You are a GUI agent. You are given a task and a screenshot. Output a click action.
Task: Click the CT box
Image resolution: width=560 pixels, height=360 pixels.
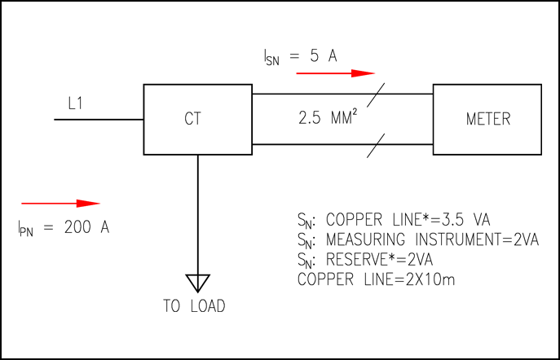tap(197, 119)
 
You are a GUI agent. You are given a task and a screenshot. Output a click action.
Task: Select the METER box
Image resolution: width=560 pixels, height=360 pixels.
tap(487, 119)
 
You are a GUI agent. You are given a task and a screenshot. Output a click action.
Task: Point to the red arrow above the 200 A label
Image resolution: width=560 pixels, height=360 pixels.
tap(60, 203)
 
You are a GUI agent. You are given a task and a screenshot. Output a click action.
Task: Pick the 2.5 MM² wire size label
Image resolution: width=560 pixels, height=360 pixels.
tap(326, 119)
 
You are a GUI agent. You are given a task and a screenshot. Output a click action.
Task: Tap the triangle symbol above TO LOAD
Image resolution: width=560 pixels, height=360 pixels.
tap(196, 283)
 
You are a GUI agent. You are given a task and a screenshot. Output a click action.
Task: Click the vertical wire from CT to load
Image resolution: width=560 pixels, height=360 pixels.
tap(197, 212)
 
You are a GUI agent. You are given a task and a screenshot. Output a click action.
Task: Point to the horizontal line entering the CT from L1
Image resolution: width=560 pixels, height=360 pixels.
tap(98, 120)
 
